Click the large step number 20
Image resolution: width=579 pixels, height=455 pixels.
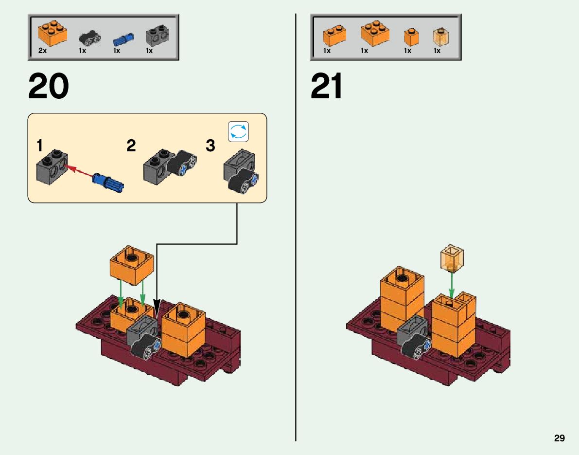[x=49, y=87]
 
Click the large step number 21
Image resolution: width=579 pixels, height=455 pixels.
[x=327, y=87]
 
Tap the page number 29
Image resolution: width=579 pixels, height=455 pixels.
[x=559, y=438]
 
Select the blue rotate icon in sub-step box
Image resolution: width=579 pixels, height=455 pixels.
[x=238, y=131]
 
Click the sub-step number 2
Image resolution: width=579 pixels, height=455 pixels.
[x=131, y=146]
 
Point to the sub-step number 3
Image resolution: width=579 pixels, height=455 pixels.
[x=210, y=146]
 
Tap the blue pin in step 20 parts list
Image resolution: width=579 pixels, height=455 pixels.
[x=123, y=38]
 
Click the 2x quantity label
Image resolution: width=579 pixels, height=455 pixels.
[x=42, y=51]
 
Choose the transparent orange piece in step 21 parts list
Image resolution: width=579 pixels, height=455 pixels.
[x=440, y=36]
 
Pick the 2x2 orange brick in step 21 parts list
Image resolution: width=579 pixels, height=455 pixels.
[x=375, y=33]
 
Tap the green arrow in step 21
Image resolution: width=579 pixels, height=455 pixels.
[x=451, y=284]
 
